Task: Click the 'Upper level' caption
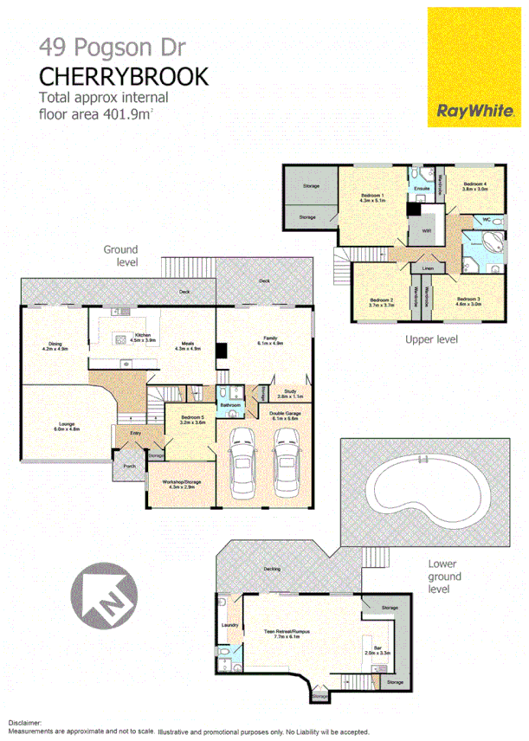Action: pos(431,339)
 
